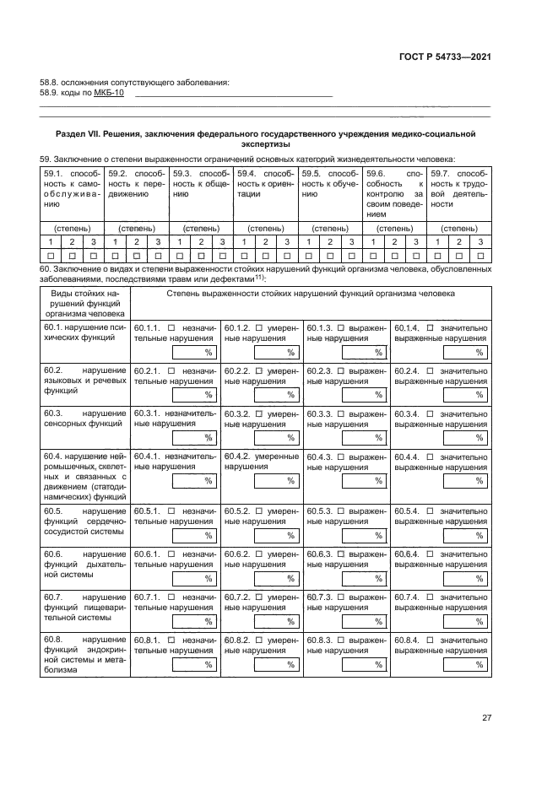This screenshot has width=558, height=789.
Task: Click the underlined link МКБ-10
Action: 109,93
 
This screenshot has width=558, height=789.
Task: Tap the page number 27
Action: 486,717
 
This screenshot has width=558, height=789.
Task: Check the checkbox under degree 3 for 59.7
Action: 479,255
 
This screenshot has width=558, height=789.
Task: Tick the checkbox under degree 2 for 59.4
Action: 265,255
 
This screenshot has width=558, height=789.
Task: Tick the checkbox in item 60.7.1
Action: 171,597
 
